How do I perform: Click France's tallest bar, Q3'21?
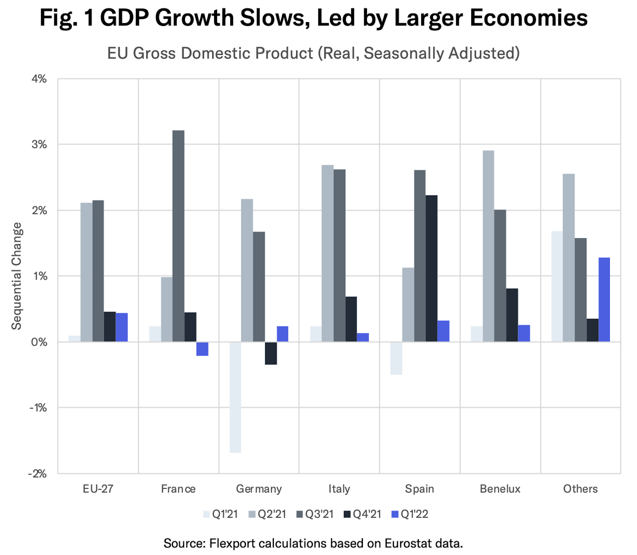click(178, 236)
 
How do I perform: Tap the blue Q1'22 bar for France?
click(202, 349)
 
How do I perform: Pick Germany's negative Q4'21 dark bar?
click(271, 353)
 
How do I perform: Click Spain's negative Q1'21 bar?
click(396, 358)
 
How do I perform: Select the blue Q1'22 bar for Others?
click(604, 300)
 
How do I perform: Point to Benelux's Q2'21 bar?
click(488, 246)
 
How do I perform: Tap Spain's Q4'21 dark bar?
click(431, 269)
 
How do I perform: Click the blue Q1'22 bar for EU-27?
click(122, 327)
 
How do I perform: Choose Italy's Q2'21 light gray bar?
click(328, 253)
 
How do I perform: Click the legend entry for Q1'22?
click(410, 514)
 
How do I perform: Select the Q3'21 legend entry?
click(315, 514)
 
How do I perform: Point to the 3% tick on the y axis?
click(39, 144)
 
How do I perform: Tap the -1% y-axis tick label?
click(38, 408)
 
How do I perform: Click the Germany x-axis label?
click(259, 489)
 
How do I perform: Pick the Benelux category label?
click(500, 489)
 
